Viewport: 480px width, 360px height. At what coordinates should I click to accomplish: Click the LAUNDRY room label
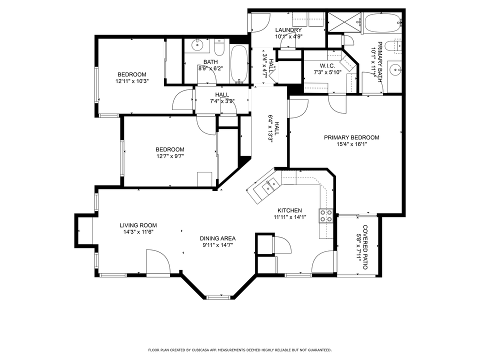[288, 30]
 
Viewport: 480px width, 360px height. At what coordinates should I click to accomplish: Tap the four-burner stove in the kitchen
[326, 215]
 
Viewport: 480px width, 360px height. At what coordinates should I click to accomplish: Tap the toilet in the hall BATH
[219, 48]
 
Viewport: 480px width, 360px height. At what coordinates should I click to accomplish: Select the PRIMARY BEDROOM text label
[351, 137]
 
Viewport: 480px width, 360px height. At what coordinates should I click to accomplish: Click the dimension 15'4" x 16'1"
[351, 144]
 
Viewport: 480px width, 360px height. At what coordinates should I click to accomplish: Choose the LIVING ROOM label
[138, 225]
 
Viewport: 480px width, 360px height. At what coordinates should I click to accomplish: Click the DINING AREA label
[217, 238]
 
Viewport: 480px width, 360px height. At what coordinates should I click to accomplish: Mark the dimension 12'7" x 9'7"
[169, 156]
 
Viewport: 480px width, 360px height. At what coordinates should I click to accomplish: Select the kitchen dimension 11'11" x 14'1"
[289, 217]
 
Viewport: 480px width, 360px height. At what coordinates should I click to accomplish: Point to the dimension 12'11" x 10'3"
[132, 81]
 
